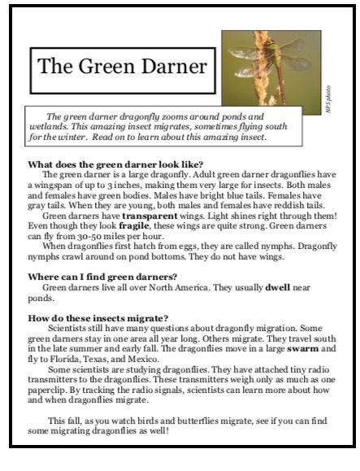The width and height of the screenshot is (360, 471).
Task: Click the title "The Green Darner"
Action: (x=119, y=67)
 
